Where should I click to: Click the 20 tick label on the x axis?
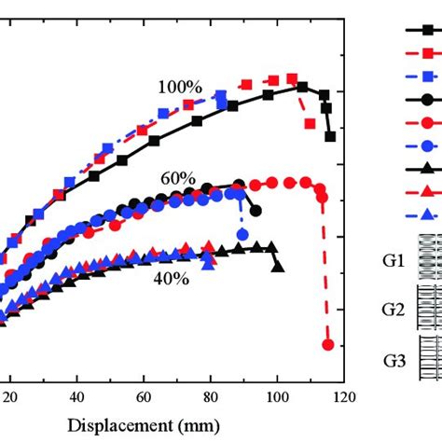coord(10,395)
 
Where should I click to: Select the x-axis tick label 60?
coord(143,395)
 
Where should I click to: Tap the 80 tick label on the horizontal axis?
coord(210,395)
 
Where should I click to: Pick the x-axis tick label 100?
coord(276,395)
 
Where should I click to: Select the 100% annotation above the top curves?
coord(179,87)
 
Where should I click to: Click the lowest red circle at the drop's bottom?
coord(327,345)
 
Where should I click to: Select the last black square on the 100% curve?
coord(330,136)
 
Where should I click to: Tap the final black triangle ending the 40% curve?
coord(278,267)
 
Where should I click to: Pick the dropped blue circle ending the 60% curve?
coord(242,234)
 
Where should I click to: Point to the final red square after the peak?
coord(310,123)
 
